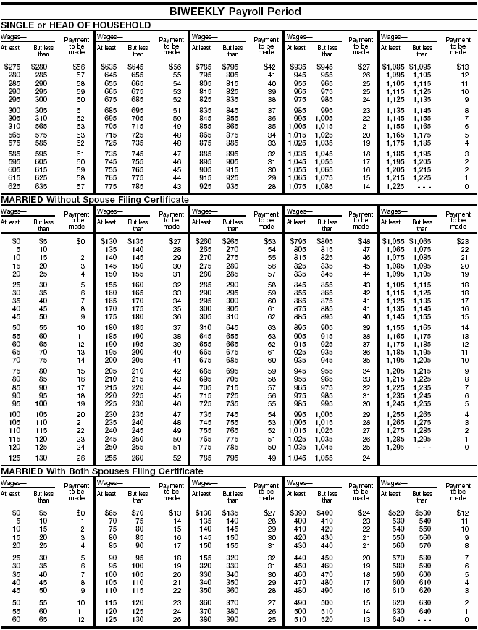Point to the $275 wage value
coord(12,67)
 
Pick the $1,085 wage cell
coord(392,67)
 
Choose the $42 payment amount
coord(271,67)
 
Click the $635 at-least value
coord(108,67)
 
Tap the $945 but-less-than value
coord(328,67)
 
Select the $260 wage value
coord(201,240)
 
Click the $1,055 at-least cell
coord(392,240)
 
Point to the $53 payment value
coord(271,240)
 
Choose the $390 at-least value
coord(298,513)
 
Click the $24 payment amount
coord(365,513)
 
